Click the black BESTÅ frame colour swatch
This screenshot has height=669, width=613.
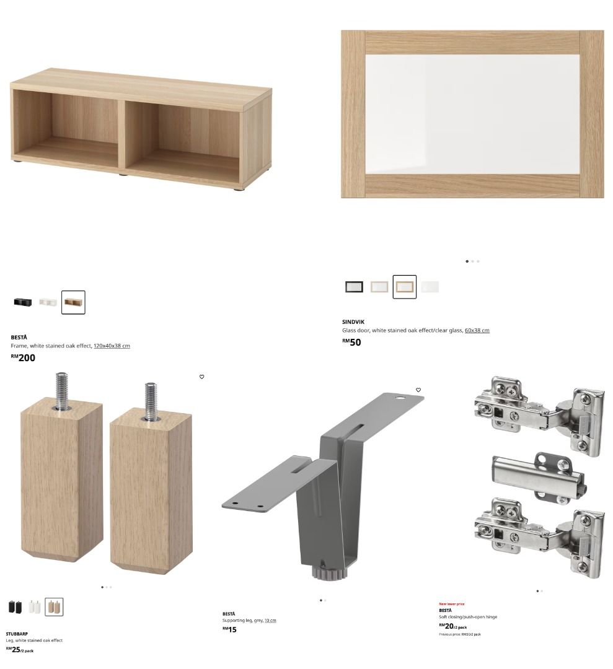[x=22, y=302]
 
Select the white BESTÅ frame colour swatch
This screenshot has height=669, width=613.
[x=48, y=302]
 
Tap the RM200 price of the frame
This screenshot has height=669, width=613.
[x=24, y=357]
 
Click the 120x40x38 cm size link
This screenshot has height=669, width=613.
[x=112, y=346]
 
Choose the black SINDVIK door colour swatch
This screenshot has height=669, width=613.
[x=354, y=287]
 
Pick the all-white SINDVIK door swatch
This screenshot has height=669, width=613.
[x=430, y=287]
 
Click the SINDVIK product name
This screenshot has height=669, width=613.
[x=353, y=322]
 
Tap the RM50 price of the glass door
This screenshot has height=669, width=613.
[x=351, y=342]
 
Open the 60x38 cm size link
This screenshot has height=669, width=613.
[x=477, y=330]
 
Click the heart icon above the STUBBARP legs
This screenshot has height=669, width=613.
[x=201, y=377]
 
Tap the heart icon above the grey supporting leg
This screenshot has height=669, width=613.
[x=418, y=390]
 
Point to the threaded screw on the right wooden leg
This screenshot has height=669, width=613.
[x=150, y=400]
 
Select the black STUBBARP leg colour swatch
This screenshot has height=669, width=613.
[x=15, y=607]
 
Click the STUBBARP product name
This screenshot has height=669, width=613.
[x=17, y=634]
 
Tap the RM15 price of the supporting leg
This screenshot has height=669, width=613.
[x=229, y=629]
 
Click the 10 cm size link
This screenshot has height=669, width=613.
[x=270, y=620]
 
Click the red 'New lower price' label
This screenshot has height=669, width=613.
[x=451, y=604]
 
